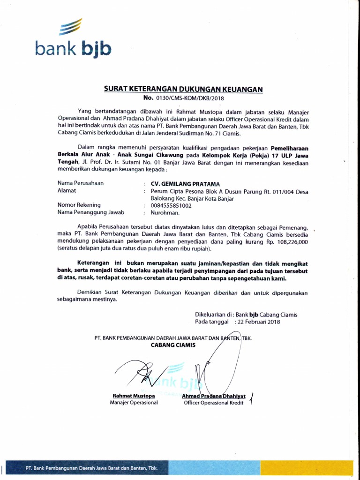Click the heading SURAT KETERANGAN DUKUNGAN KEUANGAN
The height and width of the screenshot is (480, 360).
(183, 90)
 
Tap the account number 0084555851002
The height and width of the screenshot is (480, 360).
(171, 205)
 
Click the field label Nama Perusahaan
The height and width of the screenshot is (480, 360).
(81, 183)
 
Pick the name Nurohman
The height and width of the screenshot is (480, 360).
(163, 212)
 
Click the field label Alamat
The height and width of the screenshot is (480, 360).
(67, 191)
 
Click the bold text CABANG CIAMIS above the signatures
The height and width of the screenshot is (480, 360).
(173, 345)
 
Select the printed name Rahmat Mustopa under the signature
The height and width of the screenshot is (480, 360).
(134, 396)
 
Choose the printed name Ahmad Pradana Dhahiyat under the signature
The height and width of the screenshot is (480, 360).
(213, 396)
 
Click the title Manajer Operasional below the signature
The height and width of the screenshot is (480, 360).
(134, 403)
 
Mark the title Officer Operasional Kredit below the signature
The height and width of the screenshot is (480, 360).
(214, 403)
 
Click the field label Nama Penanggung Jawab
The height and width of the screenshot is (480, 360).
(87, 212)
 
